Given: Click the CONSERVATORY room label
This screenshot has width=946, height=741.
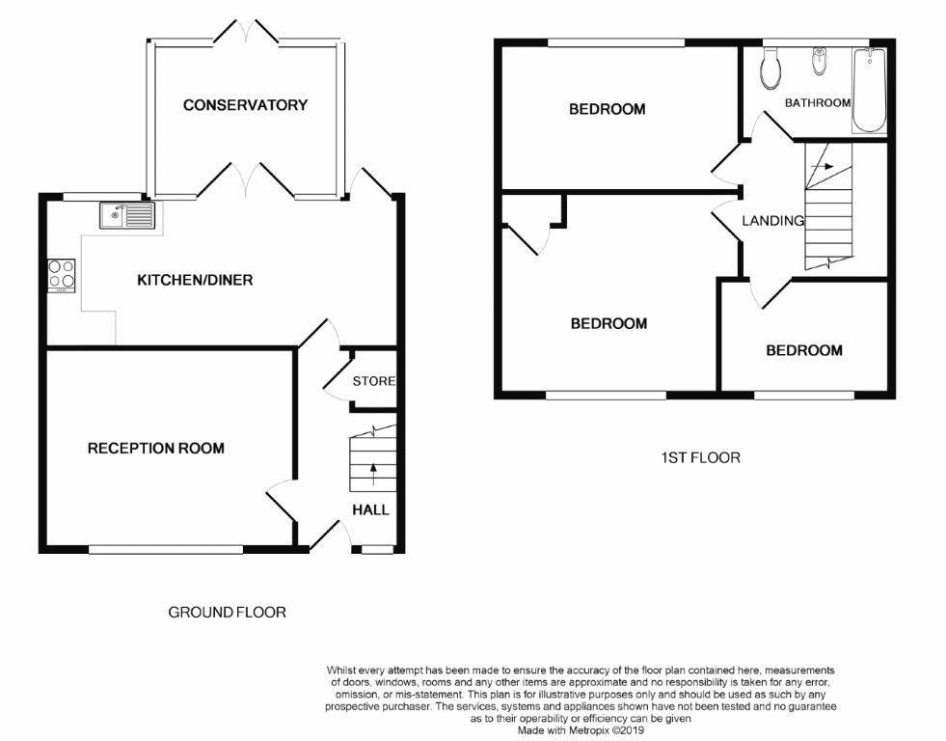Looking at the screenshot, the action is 245,105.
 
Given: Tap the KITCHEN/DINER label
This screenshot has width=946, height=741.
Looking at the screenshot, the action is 195,281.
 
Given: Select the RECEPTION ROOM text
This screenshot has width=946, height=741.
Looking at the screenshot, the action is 155,449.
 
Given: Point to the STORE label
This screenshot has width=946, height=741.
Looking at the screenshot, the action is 373,381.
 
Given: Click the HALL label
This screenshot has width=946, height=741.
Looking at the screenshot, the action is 370,509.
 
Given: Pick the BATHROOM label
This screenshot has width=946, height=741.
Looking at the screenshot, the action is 817,103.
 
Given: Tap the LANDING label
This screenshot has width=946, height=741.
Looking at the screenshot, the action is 772,221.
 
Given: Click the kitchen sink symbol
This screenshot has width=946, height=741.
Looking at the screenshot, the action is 125,215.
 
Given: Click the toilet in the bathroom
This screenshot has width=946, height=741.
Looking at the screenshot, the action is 770,68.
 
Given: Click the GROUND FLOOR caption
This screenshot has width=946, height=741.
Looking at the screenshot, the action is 227,612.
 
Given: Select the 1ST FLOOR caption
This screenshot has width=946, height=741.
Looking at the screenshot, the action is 695,457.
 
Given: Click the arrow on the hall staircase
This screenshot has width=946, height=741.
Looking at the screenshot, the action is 372,473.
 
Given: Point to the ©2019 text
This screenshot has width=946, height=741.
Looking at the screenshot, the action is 624,731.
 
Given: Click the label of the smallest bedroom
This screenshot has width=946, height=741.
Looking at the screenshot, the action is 803,350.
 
